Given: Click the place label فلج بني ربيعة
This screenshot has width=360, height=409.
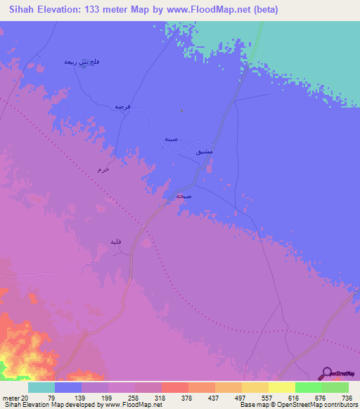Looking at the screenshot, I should (x=82, y=62).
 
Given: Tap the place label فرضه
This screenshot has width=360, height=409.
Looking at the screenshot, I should (x=124, y=107).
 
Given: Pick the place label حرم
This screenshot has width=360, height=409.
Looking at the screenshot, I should (x=104, y=170).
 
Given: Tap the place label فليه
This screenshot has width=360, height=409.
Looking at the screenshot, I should (x=116, y=242).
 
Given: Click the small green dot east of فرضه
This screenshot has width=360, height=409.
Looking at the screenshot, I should (x=181, y=110).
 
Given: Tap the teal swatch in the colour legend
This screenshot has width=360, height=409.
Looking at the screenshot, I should (x=41, y=387).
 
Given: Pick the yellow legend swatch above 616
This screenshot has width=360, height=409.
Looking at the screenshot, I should (x=281, y=387).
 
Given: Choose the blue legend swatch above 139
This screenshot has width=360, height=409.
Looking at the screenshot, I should (x=67, y=387).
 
